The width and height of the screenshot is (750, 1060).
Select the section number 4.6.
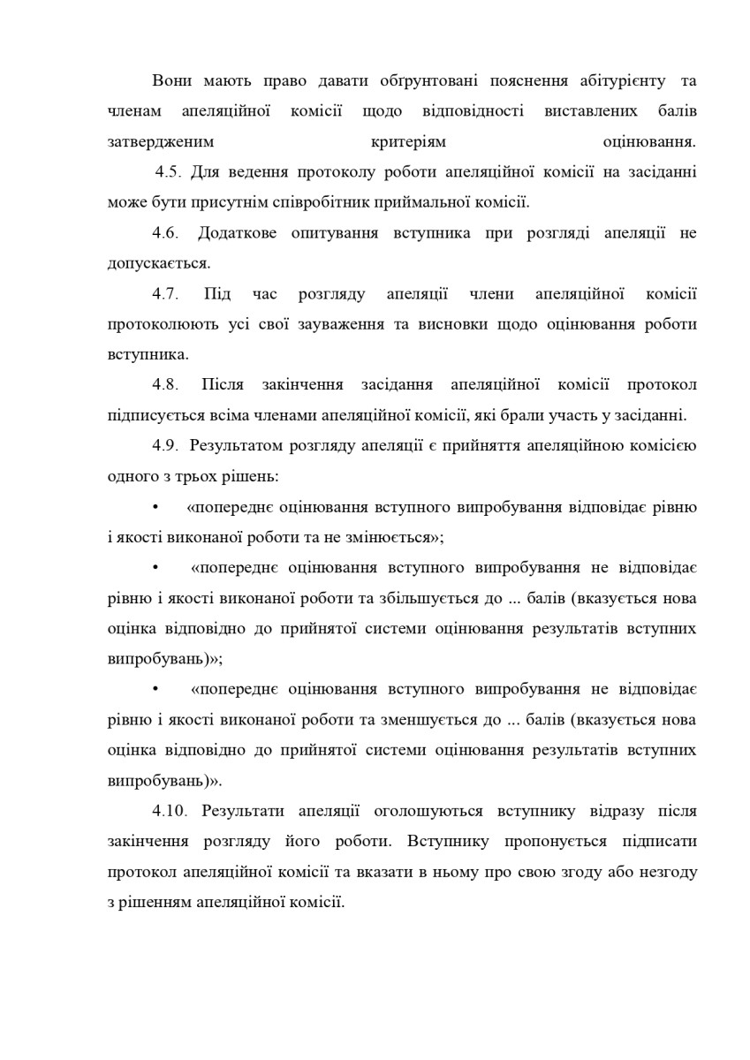point(166,233)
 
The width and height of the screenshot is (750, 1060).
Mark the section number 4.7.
point(166,294)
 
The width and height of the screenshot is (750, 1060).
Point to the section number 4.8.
point(166,385)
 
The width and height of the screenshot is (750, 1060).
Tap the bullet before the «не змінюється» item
point(155,507)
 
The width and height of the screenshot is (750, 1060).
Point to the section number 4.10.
point(170,811)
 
